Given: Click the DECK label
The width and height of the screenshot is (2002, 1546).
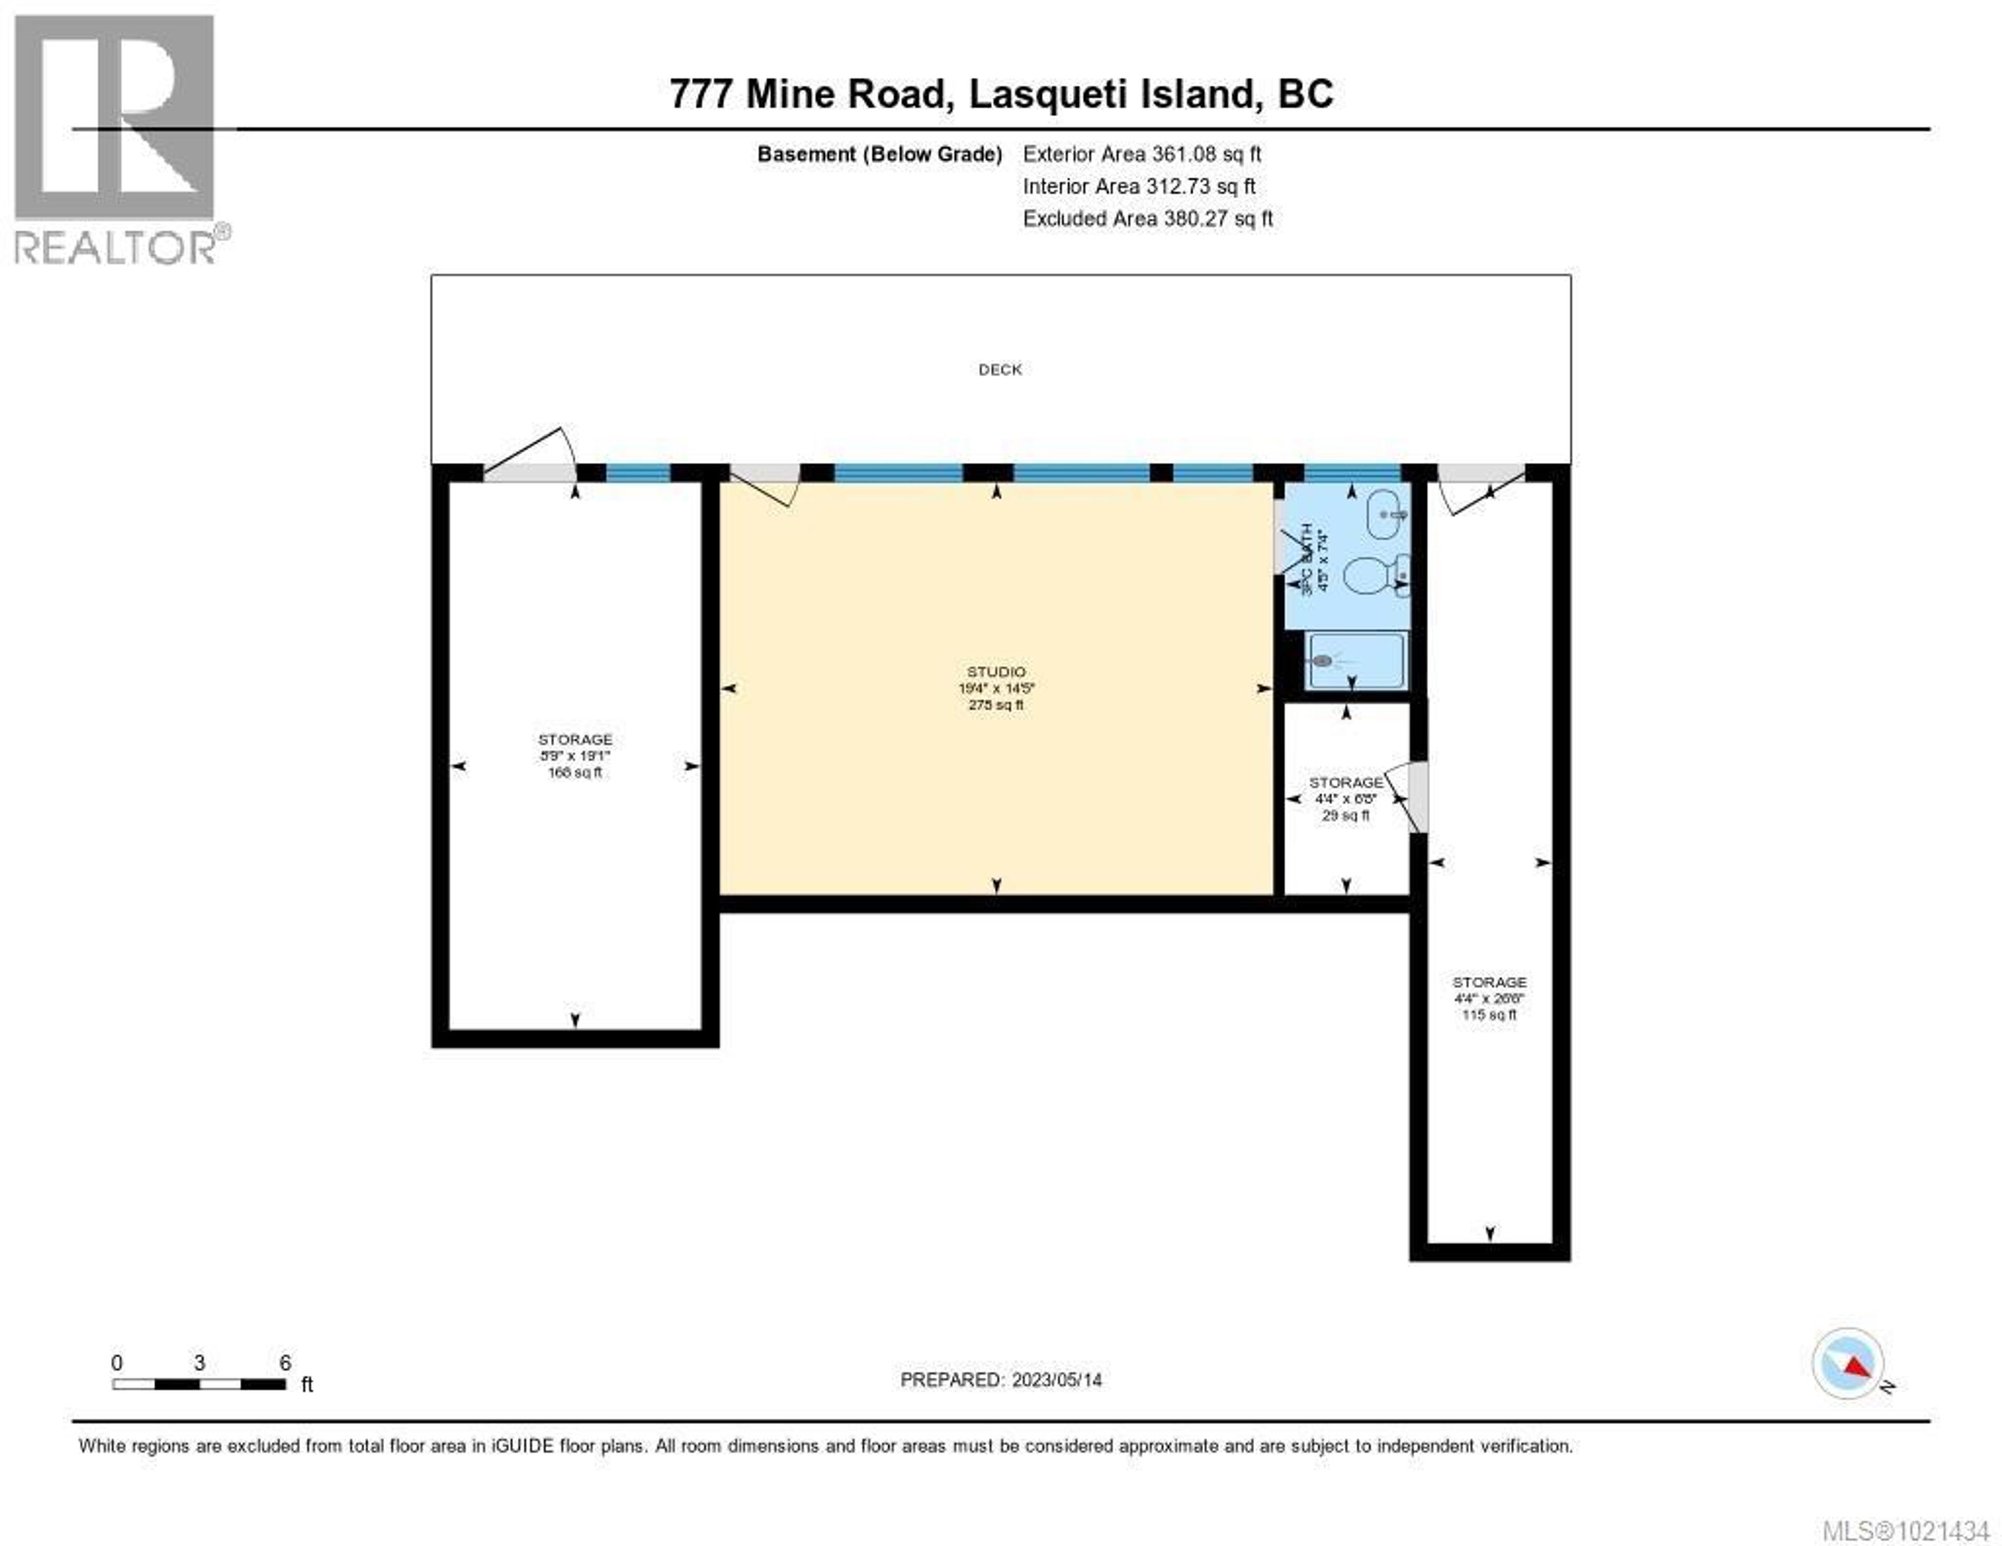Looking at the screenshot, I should [x=1000, y=370].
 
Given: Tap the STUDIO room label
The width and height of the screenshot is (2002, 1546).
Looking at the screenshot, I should [x=996, y=672].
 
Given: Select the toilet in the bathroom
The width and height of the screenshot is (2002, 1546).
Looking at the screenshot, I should [x=1372, y=575].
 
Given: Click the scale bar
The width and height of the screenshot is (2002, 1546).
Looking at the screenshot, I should [x=199, y=1384].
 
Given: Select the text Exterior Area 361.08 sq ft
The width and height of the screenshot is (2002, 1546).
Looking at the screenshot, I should [x=1142, y=154].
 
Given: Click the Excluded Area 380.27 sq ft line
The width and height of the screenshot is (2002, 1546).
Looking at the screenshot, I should [x=1148, y=218].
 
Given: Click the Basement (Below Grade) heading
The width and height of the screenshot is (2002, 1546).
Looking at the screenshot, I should [x=879, y=154].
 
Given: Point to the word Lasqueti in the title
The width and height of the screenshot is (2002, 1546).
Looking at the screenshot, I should [x=1048, y=93].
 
